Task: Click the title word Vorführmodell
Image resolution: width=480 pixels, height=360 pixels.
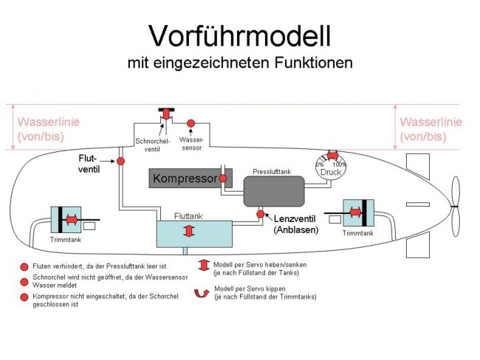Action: click(x=239, y=35)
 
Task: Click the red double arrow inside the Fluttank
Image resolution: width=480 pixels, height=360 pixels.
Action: click(x=190, y=232)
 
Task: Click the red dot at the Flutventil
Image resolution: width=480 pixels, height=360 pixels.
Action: click(x=120, y=161)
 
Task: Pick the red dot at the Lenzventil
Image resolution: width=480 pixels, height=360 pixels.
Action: click(x=260, y=214)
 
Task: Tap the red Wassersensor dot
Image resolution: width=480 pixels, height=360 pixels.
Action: click(x=190, y=122)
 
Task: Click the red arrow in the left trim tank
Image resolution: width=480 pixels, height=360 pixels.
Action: click(x=71, y=219)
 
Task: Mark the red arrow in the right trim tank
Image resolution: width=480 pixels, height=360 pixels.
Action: click(x=357, y=212)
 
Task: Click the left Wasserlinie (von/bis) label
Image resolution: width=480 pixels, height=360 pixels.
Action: click(x=48, y=129)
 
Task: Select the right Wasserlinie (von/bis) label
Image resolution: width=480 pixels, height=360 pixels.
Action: click(x=431, y=129)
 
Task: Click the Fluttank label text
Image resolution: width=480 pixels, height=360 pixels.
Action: click(x=188, y=217)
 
